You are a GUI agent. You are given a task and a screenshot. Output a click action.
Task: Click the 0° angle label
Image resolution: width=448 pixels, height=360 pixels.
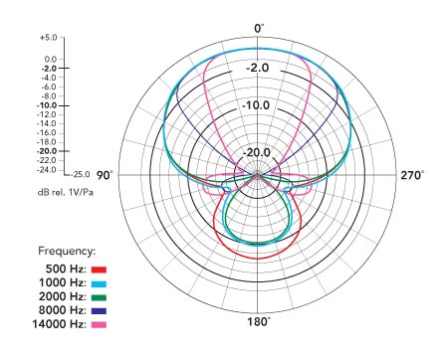(259, 29)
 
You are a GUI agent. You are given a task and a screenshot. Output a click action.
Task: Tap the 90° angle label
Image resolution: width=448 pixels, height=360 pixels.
(105, 175)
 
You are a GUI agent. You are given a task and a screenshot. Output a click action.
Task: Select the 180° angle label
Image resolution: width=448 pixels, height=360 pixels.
(259, 321)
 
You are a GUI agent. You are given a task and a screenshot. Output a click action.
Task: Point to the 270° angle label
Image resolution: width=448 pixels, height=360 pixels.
(412, 175)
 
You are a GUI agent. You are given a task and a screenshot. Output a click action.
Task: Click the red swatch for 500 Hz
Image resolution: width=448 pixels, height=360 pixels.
(99, 270)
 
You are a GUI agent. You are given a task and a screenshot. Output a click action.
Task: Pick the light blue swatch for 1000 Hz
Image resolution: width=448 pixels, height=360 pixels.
(99, 283)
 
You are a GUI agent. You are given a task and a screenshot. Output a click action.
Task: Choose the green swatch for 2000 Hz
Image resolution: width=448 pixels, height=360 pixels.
(99, 297)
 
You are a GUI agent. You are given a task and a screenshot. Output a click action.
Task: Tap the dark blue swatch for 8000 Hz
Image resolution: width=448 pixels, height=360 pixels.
(99, 311)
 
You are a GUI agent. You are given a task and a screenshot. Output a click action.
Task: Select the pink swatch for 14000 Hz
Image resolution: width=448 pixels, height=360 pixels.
(99, 324)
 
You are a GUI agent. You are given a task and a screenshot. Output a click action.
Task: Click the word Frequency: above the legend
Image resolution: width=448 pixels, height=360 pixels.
(67, 251)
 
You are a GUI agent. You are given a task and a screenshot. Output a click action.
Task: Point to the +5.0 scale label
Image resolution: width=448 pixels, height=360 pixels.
(49, 38)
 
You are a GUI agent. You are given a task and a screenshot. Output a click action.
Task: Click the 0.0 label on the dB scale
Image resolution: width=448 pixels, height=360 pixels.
(51, 60)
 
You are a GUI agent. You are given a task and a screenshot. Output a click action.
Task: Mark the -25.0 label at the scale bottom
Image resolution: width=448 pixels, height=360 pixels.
(82, 174)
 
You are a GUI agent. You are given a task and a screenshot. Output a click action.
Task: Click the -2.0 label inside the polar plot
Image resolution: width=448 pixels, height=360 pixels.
(258, 68)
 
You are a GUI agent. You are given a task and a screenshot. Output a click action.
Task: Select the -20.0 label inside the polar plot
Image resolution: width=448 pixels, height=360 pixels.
(257, 153)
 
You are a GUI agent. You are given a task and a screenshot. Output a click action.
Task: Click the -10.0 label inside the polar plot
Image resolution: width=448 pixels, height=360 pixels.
(256, 105)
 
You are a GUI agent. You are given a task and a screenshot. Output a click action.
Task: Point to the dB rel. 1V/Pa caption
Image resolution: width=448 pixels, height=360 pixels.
(66, 192)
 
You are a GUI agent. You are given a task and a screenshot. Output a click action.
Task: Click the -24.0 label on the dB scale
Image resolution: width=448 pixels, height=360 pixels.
(49, 170)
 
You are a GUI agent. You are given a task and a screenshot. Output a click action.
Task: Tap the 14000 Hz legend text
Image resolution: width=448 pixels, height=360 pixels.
(59, 324)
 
